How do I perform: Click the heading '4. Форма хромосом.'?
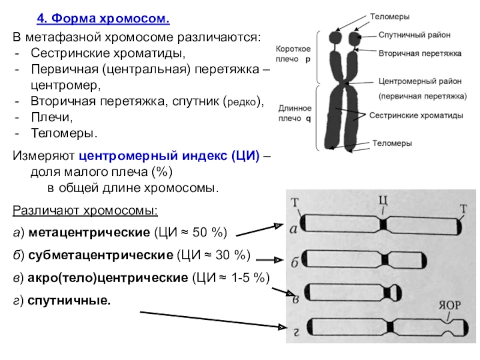coord(103,20)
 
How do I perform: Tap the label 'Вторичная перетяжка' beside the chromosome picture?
coord(419,53)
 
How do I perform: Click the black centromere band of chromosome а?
coord(384,224)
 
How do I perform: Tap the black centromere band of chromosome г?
coord(392,326)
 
